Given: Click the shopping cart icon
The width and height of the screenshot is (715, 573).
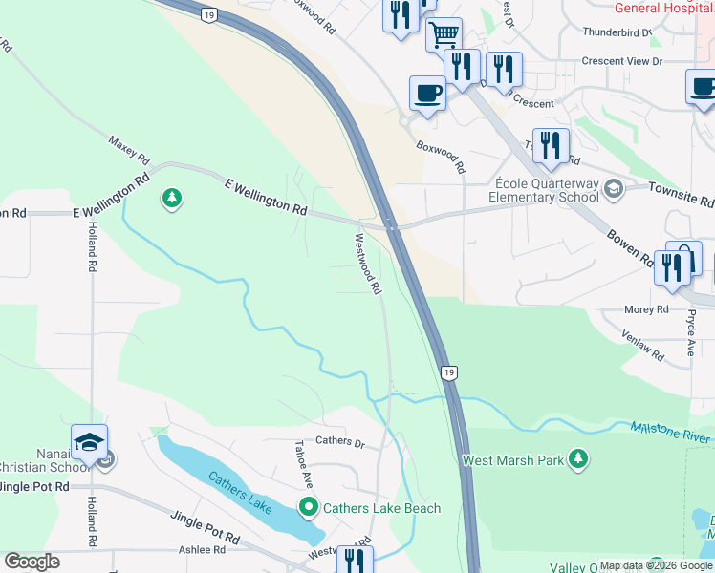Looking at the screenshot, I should click(x=444, y=35).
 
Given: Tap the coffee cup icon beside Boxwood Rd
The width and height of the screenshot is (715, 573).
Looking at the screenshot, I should click(x=427, y=94).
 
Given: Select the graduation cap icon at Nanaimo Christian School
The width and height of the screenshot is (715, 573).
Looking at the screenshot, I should click(x=89, y=442).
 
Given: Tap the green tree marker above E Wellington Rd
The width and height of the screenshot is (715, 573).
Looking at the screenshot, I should click(x=172, y=199).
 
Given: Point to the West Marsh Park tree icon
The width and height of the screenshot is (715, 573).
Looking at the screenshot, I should click(x=577, y=459).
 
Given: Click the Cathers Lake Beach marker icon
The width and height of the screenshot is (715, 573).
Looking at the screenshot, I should click(x=308, y=507).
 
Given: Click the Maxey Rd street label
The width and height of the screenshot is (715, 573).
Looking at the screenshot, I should click(x=129, y=148).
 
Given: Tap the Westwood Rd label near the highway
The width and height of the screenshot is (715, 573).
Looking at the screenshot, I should click(x=368, y=264).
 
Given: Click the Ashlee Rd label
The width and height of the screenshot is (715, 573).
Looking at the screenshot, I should click(x=202, y=550).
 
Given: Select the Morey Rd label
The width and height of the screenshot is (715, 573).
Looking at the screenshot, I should click(x=647, y=310).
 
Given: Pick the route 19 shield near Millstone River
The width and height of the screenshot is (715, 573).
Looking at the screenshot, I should click(x=447, y=370).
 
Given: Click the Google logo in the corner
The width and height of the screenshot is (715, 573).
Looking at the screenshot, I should click(x=32, y=562).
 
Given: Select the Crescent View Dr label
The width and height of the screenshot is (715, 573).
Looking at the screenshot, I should click(x=622, y=61).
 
